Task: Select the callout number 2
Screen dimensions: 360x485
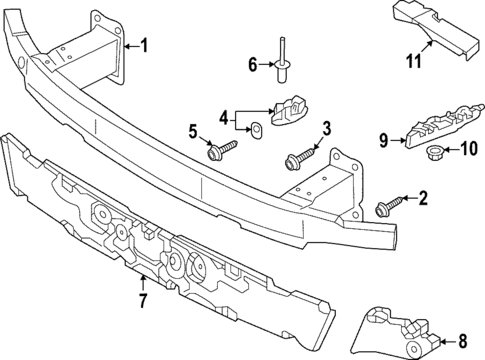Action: point(422,199)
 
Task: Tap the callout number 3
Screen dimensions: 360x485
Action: point(326,128)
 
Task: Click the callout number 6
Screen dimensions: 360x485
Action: point(253,65)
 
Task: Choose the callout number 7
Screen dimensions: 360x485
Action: point(143,298)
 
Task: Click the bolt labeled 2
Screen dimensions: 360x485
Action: point(386,205)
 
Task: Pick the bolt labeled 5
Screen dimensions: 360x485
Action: point(220,150)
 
